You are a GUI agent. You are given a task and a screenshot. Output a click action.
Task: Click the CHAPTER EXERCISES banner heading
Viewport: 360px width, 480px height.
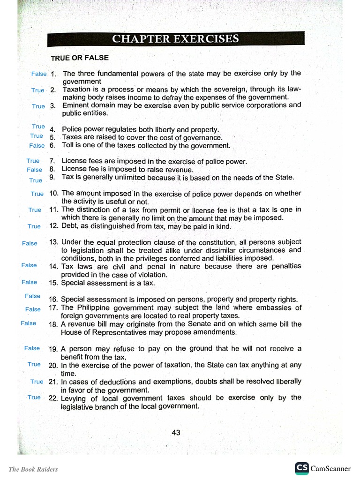tap(176, 38)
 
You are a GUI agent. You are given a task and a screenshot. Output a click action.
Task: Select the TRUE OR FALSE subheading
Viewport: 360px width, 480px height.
tap(80, 58)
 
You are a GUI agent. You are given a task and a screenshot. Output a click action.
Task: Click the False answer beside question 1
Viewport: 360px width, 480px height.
tap(39, 74)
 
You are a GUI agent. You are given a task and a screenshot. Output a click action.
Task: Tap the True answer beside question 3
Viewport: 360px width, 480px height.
tap(38, 106)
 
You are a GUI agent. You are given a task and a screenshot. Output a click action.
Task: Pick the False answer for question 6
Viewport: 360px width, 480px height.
tap(37, 146)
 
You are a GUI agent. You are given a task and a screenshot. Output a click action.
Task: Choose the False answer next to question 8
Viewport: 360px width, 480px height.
tap(34, 170)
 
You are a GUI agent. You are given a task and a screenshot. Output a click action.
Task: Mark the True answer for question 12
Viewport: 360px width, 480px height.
tap(34, 226)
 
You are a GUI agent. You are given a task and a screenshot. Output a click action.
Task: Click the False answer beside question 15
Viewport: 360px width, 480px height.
tap(29, 282)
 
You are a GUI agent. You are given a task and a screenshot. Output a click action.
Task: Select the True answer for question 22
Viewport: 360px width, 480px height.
tap(34, 397)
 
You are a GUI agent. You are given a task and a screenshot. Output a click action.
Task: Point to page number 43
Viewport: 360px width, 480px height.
tap(176, 433)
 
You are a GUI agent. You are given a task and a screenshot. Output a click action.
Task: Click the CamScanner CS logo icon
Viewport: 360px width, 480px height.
tap(301, 468)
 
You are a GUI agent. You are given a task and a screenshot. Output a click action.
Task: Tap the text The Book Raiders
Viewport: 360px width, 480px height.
tap(33, 469)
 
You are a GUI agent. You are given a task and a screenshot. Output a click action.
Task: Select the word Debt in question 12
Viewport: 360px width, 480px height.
tap(69, 226)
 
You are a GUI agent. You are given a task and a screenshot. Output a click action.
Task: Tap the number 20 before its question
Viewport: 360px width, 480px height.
tap(53, 365)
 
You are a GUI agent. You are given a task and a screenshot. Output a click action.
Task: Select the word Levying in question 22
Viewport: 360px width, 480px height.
tap(74, 398)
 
